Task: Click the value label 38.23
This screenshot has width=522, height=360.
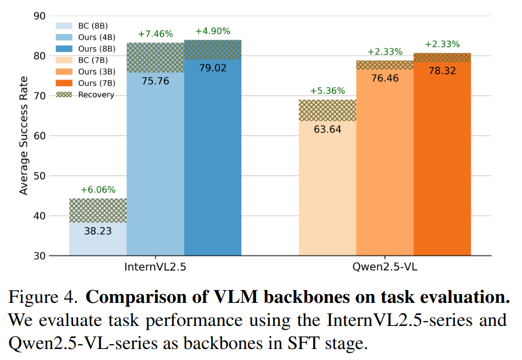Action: tap(98, 231)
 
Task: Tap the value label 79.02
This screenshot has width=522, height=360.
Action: tap(213, 68)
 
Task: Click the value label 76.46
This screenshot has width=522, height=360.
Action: tap(385, 79)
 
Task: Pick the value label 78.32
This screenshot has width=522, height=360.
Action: tap(442, 71)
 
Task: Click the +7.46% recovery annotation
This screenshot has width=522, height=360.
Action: tap(155, 34)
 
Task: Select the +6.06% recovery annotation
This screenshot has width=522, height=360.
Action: tap(98, 190)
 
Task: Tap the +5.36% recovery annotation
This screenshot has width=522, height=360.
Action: tap(327, 91)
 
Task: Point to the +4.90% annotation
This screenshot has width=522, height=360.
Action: tap(213, 31)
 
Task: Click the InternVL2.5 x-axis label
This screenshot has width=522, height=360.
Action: tap(155, 269)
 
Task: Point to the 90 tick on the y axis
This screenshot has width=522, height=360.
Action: tap(38, 15)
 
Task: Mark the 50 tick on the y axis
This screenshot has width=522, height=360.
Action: tap(38, 176)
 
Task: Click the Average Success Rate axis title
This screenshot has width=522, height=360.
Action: tap(24, 135)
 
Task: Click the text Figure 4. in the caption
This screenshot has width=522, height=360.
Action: tap(43, 297)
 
